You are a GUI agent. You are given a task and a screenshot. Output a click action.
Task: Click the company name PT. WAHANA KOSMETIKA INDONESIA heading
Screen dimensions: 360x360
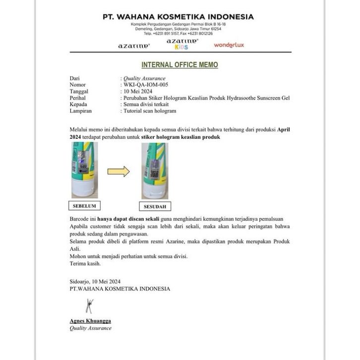[178, 16]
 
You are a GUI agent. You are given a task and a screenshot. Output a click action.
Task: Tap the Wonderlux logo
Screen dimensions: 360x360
[229, 45]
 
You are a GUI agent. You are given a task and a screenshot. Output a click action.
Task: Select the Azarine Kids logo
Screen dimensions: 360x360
[182, 44]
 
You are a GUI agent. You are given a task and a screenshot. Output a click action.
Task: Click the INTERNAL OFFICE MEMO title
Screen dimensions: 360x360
[180, 65]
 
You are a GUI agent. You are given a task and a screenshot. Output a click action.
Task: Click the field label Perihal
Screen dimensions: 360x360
[78, 98]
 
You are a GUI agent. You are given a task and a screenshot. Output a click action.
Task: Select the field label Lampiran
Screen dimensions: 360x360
[80, 111]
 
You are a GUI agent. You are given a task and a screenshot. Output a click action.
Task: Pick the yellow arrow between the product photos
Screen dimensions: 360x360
[119, 172]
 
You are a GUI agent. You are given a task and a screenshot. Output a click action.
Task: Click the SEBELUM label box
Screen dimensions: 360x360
[84, 205]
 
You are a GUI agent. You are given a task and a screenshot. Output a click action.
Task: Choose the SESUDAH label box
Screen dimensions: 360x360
[155, 206]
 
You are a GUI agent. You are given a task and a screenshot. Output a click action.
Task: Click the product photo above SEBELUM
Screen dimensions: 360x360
[84, 170]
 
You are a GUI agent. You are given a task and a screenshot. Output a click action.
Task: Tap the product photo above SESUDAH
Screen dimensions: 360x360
[155, 171]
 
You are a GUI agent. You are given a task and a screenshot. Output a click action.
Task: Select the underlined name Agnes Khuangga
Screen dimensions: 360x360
[90, 321]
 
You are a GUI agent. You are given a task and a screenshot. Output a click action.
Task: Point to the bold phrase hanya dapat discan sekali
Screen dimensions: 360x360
[127, 219]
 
